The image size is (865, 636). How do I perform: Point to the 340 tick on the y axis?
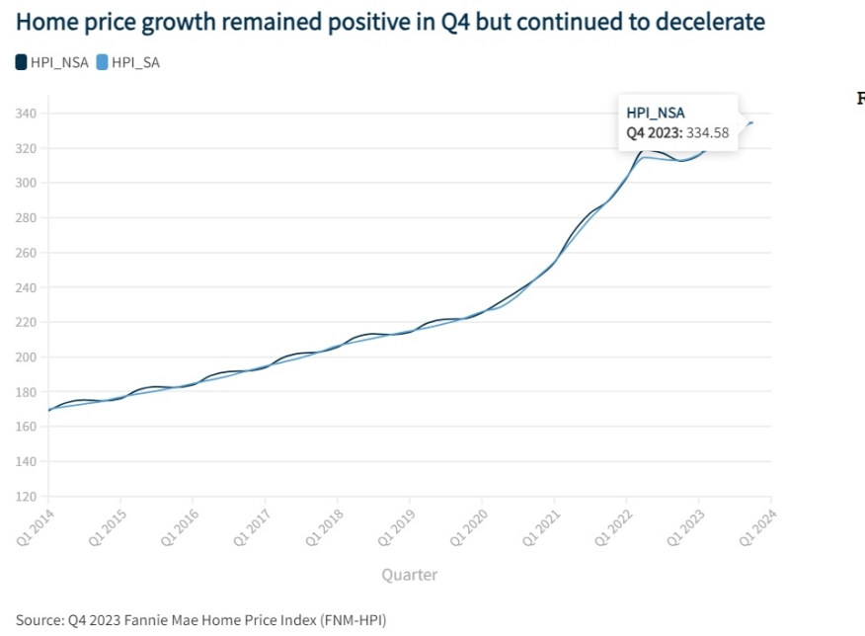click(x=26, y=114)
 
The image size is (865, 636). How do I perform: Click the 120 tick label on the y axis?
click(x=26, y=497)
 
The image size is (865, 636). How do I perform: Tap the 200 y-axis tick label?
click(x=26, y=358)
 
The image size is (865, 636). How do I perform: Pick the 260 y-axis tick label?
click(x=26, y=253)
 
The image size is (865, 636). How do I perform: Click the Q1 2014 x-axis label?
click(x=35, y=520)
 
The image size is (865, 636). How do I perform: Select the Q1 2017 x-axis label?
click(x=251, y=520)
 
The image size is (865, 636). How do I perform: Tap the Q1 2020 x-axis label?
click(x=468, y=520)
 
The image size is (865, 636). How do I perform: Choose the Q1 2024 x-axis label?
click(x=756, y=520)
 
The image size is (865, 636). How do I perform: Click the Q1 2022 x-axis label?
click(x=612, y=520)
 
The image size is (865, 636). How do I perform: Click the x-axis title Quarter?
click(x=409, y=575)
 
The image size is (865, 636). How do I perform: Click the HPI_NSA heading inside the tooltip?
click(x=656, y=113)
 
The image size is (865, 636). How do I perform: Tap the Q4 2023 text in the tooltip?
click(x=652, y=132)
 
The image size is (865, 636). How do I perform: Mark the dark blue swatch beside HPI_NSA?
click(x=22, y=62)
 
